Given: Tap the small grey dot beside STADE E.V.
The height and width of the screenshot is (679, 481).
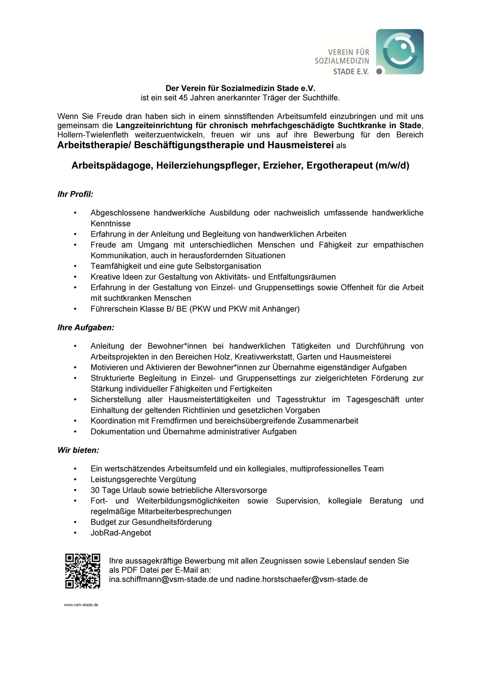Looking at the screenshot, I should pos(379,71).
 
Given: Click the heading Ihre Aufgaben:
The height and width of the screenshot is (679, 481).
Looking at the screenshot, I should pos(86,328).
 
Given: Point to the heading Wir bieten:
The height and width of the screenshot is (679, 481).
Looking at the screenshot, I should pos(78,450).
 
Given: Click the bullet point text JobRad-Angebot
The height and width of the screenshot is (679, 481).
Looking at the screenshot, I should pos(121,533).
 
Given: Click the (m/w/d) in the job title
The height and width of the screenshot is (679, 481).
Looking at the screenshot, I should pos(392,166).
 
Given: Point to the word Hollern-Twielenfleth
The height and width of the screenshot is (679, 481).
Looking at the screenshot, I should pos(93,135).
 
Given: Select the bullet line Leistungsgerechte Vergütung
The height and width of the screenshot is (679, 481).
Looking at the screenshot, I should pos(143,479).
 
